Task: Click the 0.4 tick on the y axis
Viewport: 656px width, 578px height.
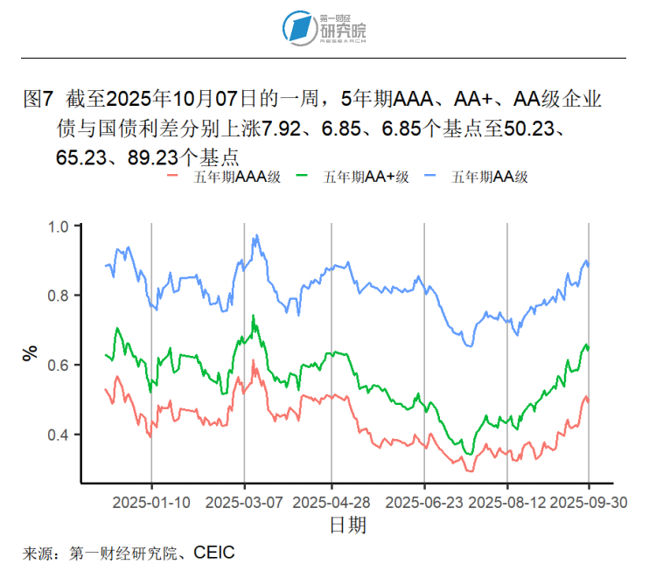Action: coord(58,435)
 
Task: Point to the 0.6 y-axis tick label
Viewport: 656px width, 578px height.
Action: coord(58,365)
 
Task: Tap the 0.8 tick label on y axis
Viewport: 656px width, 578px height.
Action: coord(58,296)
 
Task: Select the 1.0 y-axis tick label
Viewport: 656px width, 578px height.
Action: coord(58,226)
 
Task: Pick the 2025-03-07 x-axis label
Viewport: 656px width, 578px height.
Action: coord(244,503)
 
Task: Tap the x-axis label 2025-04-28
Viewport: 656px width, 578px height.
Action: coord(331,503)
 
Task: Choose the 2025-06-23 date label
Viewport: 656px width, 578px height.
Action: coord(424,503)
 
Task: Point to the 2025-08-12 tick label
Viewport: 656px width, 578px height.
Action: coord(507,503)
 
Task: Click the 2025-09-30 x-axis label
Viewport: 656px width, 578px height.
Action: coord(588,503)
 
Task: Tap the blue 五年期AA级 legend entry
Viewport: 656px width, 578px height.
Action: coord(483,177)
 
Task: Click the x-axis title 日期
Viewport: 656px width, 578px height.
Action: coord(347,525)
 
